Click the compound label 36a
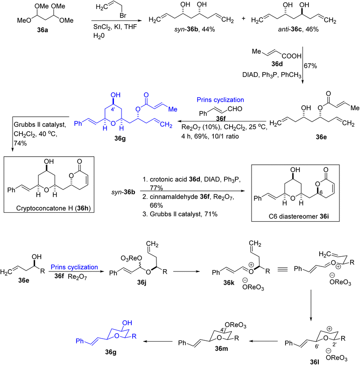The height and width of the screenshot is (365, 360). pyautogui.click(x=43, y=30)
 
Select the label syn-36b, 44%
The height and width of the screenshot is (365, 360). pyautogui.click(x=195, y=29)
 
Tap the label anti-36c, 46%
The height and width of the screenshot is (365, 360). pyautogui.click(x=298, y=29)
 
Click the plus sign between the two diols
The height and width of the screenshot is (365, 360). pyautogui.click(x=243, y=18)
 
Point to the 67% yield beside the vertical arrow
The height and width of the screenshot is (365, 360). pyautogui.click(x=310, y=66)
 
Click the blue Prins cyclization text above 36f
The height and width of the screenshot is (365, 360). pyautogui.click(x=220, y=100)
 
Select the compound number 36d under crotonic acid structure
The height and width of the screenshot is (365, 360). pyautogui.click(x=277, y=64)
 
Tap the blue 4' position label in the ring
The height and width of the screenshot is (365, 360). pyautogui.click(x=113, y=109)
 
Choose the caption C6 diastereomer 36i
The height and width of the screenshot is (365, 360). pyautogui.click(x=299, y=216)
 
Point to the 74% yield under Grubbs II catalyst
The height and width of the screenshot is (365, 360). pyautogui.click(x=20, y=143)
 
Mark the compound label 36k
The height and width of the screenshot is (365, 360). pyautogui.click(x=229, y=283)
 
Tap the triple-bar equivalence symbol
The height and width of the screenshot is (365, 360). pyautogui.click(x=282, y=269)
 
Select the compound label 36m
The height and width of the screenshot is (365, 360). pyautogui.click(x=221, y=348)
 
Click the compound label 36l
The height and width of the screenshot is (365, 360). pyautogui.click(x=315, y=361)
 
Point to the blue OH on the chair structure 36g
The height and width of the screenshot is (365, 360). pyautogui.click(x=127, y=323)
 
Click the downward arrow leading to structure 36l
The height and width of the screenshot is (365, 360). pyautogui.click(x=311, y=305)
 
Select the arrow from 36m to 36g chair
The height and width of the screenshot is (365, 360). pyautogui.click(x=158, y=341)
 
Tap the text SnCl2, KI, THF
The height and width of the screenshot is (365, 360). pyautogui.click(x=115, y=27)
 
